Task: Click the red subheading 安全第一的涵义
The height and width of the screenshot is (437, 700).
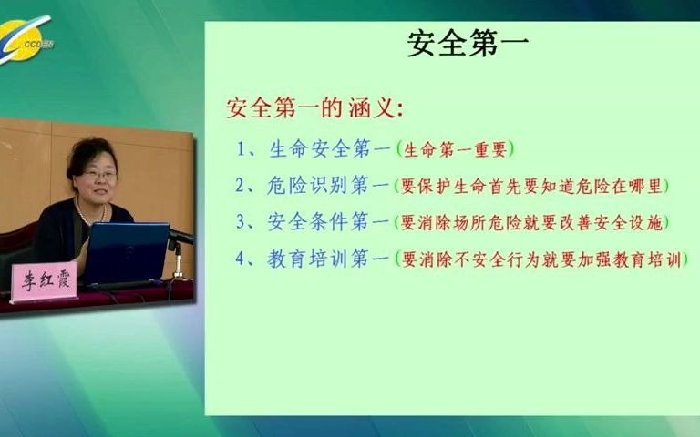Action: click(x=314, y=108)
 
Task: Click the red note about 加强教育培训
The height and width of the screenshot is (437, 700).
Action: click(x=540, y=259)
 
